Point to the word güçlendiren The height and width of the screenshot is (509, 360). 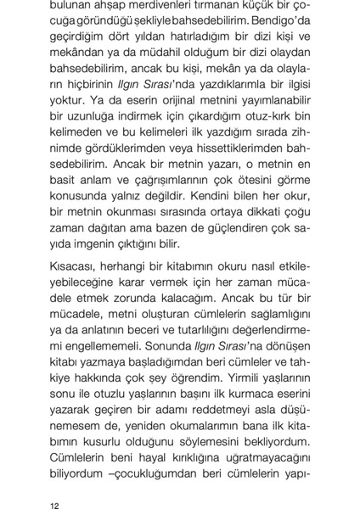click(x=237, y=276)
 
